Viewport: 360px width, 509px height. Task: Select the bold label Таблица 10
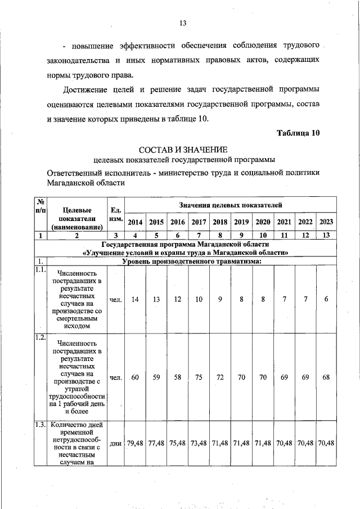point(299,133)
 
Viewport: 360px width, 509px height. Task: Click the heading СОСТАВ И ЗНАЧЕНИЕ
point(183,149)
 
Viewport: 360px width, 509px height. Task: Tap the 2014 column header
point(135,222)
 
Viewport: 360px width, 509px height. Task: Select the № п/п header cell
point(40,206)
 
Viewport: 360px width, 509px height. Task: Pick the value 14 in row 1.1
point(135,299)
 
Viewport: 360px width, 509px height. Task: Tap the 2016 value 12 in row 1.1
point(177,299)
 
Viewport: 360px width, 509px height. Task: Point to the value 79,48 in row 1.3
point(135,443)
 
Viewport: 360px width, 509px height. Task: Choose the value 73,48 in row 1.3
point(199,443)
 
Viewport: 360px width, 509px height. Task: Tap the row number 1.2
point(39,337)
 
